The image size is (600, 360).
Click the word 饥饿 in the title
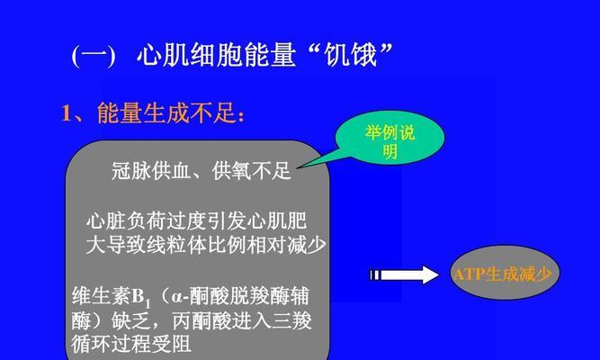[x=351, y=55]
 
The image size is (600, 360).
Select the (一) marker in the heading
[x=94, y=56]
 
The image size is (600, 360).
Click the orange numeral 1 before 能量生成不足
[x=67, y=113]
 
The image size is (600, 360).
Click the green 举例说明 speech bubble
[x=390, y=139]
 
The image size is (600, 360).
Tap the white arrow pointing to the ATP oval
[x=404, y=274]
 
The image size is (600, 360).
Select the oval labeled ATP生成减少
[x=505, y=273]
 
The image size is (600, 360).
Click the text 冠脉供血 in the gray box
[x=151, y=171]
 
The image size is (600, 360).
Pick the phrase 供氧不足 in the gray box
[x=251, y=171]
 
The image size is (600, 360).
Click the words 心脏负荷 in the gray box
[x=126, y=220]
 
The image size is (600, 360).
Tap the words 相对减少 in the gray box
[x=287, y=245]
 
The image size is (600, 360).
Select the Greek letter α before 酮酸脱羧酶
[x=176, y=297]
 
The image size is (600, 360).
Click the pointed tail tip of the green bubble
[x=298, y=167]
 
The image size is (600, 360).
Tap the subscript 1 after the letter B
[x=148, y=304]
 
